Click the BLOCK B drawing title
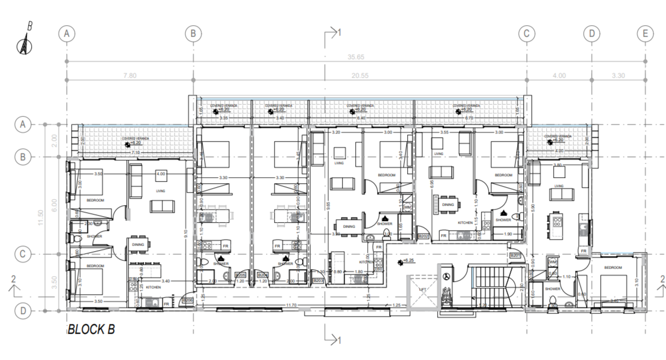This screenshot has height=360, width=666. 91,330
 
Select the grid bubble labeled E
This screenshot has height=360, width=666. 645,33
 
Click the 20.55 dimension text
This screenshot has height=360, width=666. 359,76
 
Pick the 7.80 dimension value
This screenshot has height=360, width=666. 130,76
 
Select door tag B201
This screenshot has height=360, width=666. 514,256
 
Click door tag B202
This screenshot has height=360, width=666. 423,236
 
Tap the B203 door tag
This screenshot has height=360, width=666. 318,280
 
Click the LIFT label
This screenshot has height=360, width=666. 422,289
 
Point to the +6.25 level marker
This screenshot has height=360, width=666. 407,262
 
